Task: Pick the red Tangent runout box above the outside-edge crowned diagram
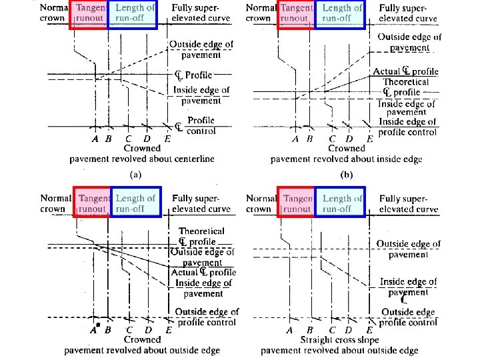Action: tap(93, 203)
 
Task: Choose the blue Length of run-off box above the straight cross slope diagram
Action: tap(341, 203)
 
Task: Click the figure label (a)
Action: tap(135, 175)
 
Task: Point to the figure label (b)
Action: tap(346, 175)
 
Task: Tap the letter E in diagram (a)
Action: tap(167, 139)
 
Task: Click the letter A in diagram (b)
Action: tap(296, 139)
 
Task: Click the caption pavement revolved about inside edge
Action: tap(347, 160)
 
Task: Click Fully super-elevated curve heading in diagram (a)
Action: tap(201, 13)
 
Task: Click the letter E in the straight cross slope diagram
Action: tap(369, 330)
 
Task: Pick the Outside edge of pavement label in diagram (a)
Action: tap(201, 50)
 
